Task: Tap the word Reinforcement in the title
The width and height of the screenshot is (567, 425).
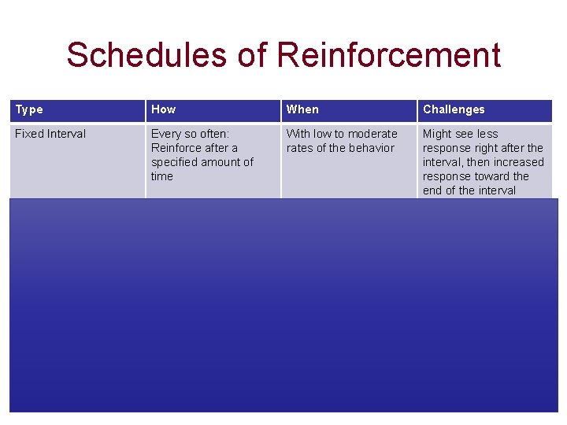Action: coord(389,56)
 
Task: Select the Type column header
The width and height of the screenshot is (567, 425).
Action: coord(29,109)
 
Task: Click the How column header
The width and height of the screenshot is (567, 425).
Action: coord(163,109)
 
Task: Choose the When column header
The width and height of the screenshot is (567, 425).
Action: coord(302,109)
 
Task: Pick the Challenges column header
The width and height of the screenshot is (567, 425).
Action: coord(454,109)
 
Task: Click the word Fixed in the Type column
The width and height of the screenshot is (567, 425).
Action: coord(29,134)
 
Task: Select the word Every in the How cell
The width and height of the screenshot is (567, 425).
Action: coord(165,134)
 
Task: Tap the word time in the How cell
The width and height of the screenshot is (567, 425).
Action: coord(161,176)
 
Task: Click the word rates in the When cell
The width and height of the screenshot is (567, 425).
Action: coord(300,148)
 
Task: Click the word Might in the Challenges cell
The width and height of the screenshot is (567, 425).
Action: coord(437,134)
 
